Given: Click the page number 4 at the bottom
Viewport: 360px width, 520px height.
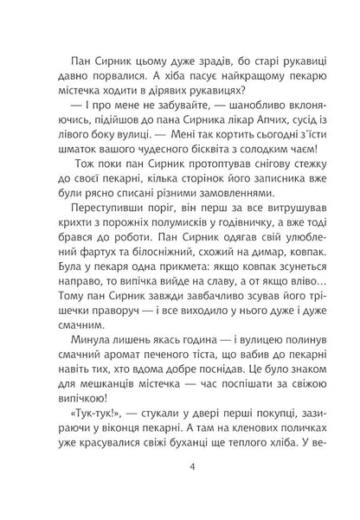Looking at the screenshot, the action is pos(180,470).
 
